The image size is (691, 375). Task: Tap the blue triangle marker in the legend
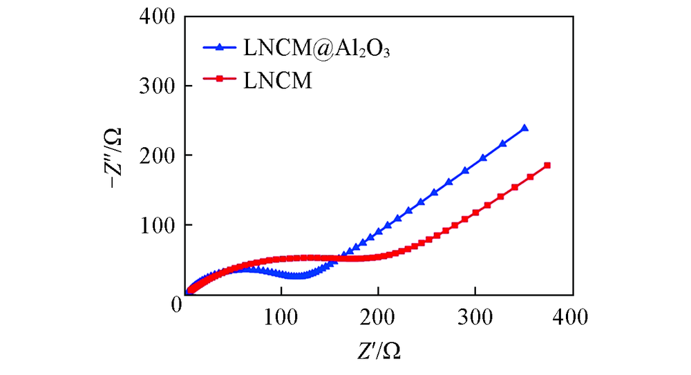(219, 48)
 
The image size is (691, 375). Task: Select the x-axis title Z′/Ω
(379, 351)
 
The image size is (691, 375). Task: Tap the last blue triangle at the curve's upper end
(524, 128)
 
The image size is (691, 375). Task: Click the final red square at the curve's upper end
(547, 166)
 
